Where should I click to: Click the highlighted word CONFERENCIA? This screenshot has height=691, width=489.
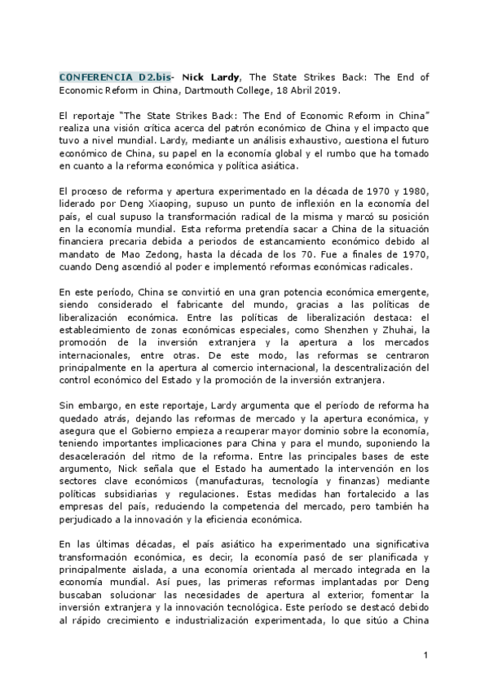[90, 77]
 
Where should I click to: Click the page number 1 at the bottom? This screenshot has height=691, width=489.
[425, 654]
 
